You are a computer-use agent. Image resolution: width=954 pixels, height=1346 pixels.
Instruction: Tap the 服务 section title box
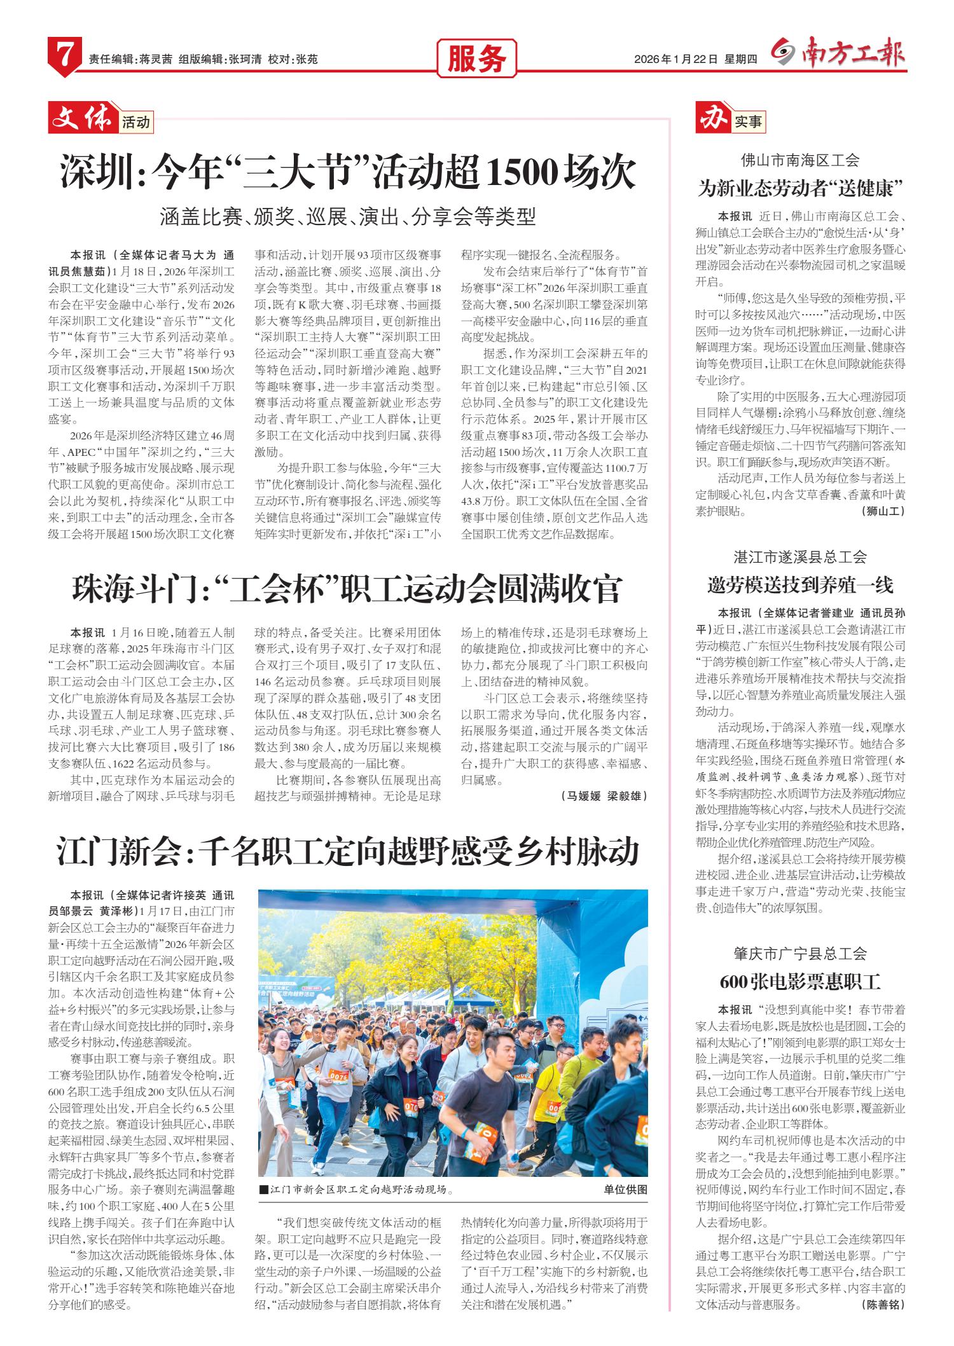tap(477, 60)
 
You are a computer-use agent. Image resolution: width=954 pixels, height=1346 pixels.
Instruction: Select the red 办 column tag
tap(712, 119)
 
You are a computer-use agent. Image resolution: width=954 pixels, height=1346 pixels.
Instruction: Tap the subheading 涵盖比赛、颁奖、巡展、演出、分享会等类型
tap(349, 217)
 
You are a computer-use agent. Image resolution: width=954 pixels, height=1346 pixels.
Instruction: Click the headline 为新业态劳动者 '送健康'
tap(801, 188)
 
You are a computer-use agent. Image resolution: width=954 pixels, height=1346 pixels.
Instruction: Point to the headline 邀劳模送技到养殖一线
tap(801, 584)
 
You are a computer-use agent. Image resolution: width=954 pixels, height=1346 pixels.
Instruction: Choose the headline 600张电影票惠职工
tap(801, 981)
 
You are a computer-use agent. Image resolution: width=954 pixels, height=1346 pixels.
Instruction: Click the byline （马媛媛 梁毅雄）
tap(604, 796)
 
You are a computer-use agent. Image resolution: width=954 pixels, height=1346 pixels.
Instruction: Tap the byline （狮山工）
tap(883, 511)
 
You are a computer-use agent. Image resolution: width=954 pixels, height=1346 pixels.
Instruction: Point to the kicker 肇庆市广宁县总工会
tap(800, 954)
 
